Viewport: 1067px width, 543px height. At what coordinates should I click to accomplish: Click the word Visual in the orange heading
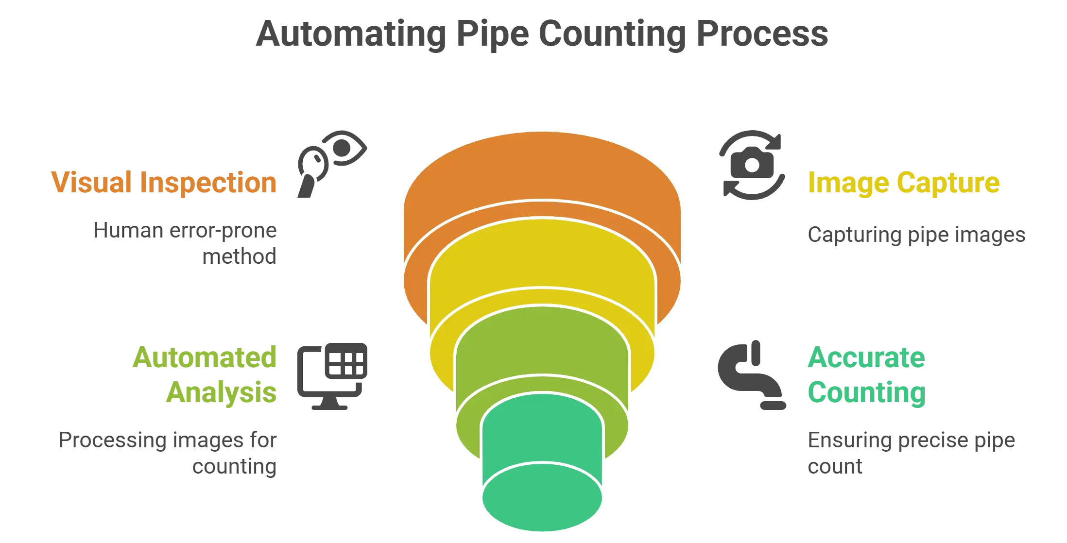(x=91, y=183)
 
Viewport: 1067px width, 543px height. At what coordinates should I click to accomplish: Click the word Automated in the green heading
(x=205, y=357)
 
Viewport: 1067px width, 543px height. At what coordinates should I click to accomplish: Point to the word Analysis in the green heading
(x=222, y=392)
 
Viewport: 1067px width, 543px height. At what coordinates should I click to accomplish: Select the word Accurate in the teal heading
(x=866, y=358)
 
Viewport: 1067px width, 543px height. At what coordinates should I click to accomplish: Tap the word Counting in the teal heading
(x=866, y=392)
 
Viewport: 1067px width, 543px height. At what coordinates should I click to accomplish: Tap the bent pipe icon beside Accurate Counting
(x=751, y=376)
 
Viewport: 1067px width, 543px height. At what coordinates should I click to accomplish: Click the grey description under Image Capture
(x=916, y=236)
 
